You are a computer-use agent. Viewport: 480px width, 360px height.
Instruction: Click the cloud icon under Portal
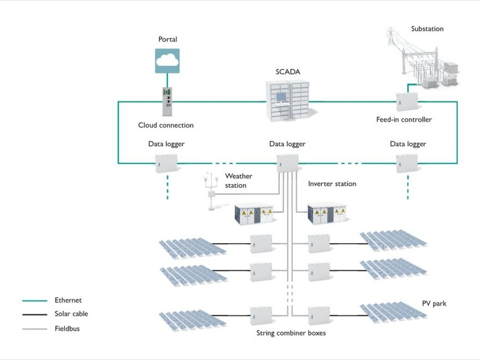pyautogui.click(x=167, y=60)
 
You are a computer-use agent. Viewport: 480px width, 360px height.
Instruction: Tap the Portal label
pyautogui.click(x=167, y=40)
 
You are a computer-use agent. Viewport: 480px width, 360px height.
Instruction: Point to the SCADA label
pyautogui.click(x=288, y=71)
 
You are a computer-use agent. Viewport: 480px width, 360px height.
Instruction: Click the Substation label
pyautogui.click(x=427, y=29)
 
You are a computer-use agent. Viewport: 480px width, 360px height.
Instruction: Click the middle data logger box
pyautogui.click(x=287, y=163)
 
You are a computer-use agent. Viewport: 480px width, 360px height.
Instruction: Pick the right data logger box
pyautogui.click(x=407, y=163)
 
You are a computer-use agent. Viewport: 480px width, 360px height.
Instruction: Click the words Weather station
pyautogui.click(x=238, y=181)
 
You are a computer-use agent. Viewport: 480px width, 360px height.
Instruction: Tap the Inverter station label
pyautogui.click(x=332, y=184)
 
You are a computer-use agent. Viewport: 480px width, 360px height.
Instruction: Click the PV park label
pyautogui.click(x=434, y=303)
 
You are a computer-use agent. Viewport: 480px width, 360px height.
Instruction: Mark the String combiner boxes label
pyautogui.click(x=291, y=332)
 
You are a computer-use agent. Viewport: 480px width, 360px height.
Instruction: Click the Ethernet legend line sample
pyautogui.click(x=34, y=301)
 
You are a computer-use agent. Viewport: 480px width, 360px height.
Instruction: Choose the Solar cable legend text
pyautogui.click(x=71, y=314)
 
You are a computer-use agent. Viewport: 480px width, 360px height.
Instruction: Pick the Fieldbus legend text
pyautogui.click(x=67, y=329)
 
